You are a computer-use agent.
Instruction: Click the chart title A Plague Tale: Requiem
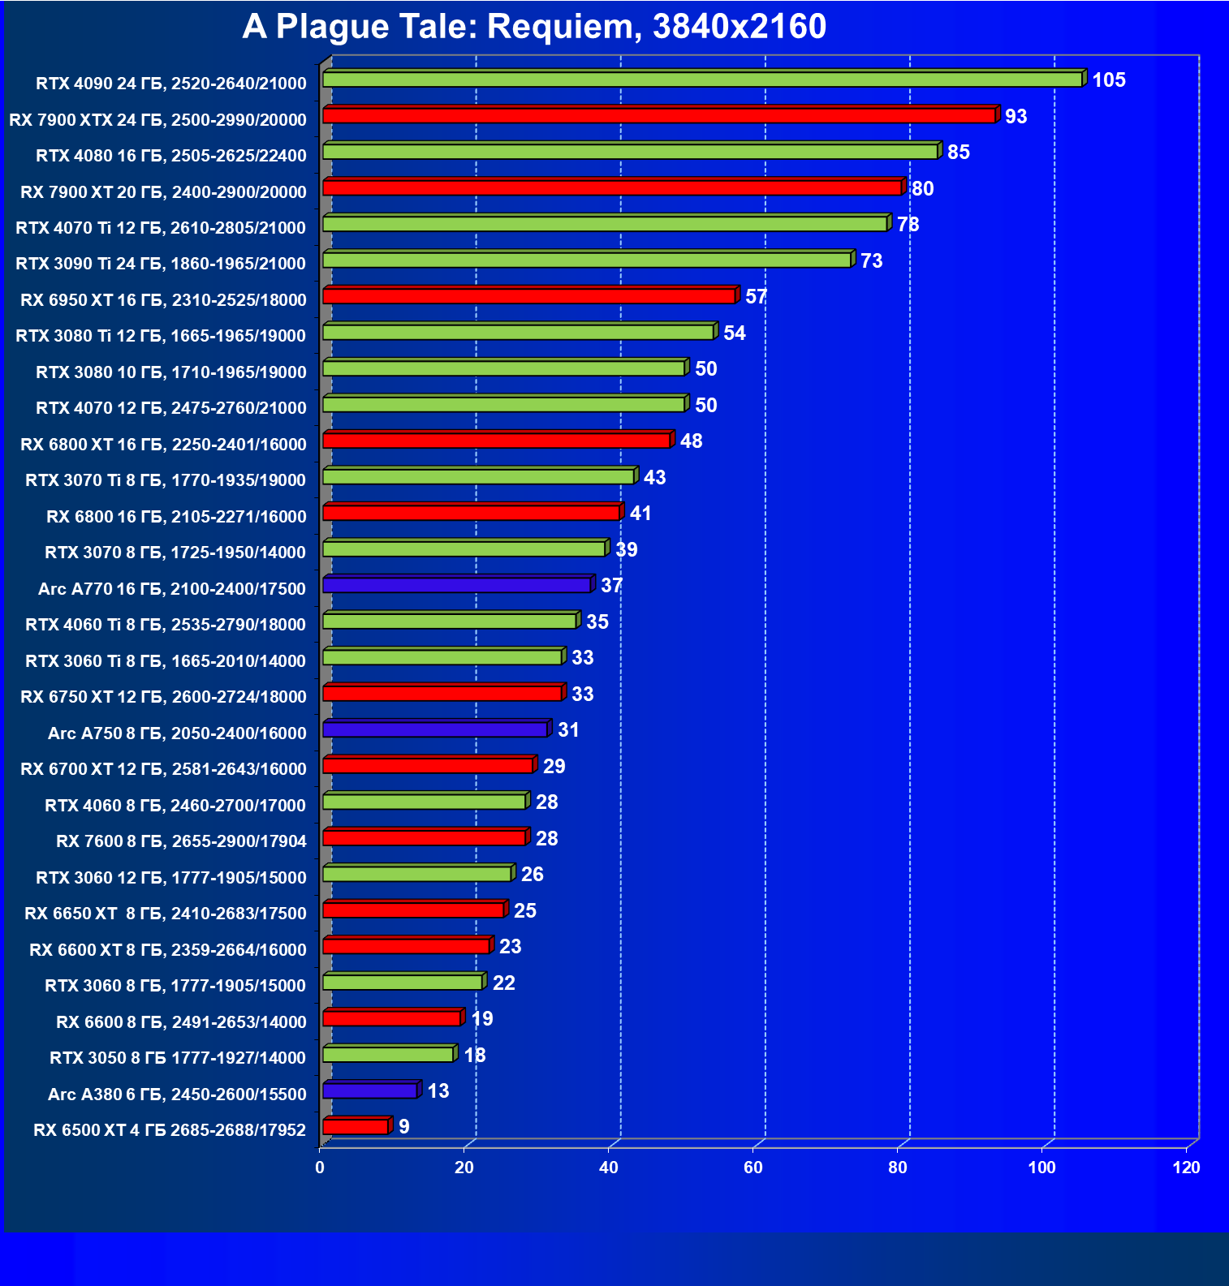[x=533, y=27]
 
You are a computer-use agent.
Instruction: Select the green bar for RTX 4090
[x=702, y=80]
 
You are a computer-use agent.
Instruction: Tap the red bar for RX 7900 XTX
[x=658, y=116]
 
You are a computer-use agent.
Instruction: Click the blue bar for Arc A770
[x=456, y=585]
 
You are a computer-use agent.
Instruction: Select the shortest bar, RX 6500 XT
[x=356, y=1127]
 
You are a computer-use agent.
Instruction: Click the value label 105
[x=1108, y=80]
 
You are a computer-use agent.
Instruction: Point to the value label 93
[x=1016, y=117]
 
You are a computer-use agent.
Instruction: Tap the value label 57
[x=756, y=297]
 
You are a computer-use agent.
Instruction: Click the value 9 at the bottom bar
[x=404, y=1127]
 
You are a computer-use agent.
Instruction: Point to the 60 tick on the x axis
[x=752, y=1168]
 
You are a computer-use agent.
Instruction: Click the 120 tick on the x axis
[x=1186, y=1168]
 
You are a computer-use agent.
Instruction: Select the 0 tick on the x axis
[x=320, y=1168]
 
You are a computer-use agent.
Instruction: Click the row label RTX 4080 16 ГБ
[x=171, y=156]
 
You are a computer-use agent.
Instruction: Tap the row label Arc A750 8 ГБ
[x=177, y=733]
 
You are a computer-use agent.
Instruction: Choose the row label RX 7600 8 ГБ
[x=181, y=841]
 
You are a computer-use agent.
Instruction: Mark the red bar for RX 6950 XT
[x=528, y=296]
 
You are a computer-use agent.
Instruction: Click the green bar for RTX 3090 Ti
[x=586, y=260]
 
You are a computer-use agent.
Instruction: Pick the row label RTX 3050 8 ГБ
[x=178, y=1058]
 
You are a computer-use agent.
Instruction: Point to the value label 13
[x=438, y=1091]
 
